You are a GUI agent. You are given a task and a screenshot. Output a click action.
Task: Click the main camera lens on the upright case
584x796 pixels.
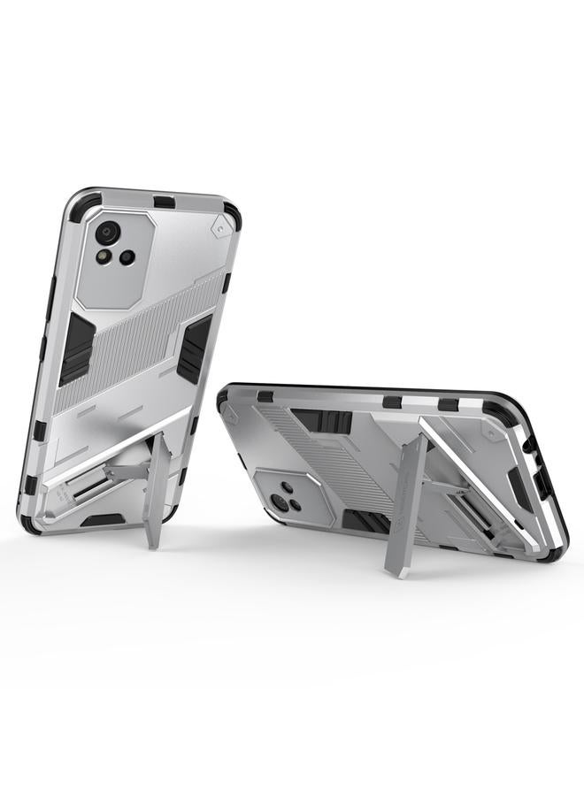click(108, 233)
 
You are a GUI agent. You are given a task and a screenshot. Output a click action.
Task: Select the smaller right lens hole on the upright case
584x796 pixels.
click(127, 256)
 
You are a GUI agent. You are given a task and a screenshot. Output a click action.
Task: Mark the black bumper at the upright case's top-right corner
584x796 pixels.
click(231, 212)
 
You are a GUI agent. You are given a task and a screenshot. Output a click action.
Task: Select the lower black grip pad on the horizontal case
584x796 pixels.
click(361, 522)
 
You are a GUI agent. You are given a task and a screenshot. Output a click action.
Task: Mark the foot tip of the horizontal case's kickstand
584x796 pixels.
click(395, 570)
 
